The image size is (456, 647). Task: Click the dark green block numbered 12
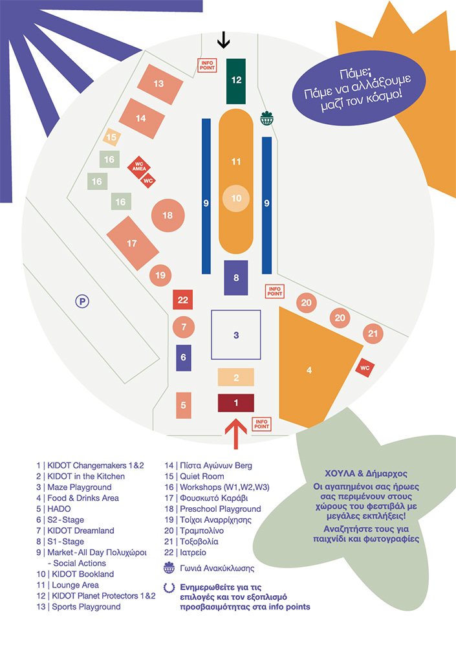[x=236, y=80]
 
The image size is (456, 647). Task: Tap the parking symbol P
[x=81, y=300]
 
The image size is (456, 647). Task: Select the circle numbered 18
[x=168, y=215]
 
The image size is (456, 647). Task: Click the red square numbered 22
[x=183, y=300]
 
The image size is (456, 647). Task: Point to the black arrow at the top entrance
[x=224, y=40]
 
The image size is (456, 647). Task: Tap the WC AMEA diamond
[x=138, y=165]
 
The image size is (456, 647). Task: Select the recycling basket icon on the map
[x=267, y=118]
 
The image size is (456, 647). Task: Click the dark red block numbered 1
[x=235, y=402]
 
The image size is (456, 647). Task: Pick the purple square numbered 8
[x=236, y=278]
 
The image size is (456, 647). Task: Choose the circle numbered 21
[x=372, y=334]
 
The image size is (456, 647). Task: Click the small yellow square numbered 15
[x=112, y=137]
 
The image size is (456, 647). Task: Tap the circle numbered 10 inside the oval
[x=236, y=198]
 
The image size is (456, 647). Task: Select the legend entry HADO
[x=59, y=509]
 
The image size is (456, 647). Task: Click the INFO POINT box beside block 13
[x=207, y=65]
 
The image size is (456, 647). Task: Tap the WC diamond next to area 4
[x=364, y=367]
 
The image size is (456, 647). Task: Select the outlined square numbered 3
[x=236, y=335]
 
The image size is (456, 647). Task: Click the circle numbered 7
[x=184, y=327]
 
